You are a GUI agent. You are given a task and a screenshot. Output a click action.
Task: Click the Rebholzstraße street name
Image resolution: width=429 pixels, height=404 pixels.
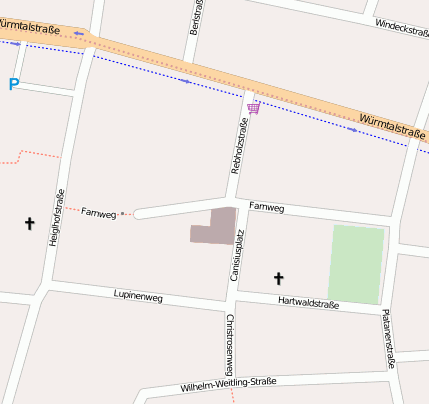(238, 146)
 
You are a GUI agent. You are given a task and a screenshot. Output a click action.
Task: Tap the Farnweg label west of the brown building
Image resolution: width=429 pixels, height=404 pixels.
(98, 212)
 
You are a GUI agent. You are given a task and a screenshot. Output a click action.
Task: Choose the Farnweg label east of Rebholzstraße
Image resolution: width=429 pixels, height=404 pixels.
(267, 208)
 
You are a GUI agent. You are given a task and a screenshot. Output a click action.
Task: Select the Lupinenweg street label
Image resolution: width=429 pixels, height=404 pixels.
(137, 296)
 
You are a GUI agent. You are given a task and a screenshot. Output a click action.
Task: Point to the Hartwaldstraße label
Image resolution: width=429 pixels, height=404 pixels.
(309, 303)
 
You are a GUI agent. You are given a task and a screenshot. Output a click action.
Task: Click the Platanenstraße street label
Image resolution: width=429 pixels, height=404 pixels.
(389, 338)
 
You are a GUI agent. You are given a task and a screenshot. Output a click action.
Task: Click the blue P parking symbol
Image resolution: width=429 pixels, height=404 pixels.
(13, 85)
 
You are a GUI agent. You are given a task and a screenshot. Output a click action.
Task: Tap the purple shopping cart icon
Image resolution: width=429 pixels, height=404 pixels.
(253, 107)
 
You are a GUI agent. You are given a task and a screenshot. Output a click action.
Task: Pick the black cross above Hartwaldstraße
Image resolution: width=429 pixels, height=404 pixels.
(279, 278)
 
